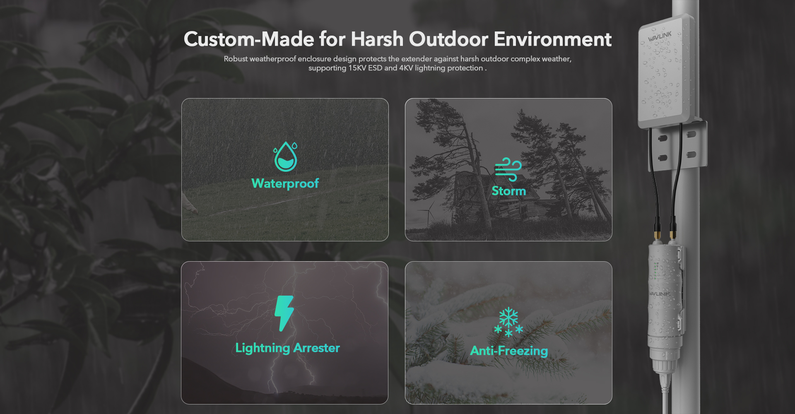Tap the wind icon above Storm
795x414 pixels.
coord(508,169)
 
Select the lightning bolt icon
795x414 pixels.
coord(284,313)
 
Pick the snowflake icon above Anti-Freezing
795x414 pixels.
coord(508,322)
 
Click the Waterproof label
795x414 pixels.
coord(285,183)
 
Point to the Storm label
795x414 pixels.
coord(508,191)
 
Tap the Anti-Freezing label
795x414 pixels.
coord(509,351)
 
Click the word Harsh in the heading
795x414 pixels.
coord(377,39)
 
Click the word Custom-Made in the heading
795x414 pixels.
coord(249,39)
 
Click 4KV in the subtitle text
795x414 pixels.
coord(406,68)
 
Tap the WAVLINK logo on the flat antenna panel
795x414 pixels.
coord(660,36)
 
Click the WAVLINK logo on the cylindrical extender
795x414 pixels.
coord(659,294)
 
